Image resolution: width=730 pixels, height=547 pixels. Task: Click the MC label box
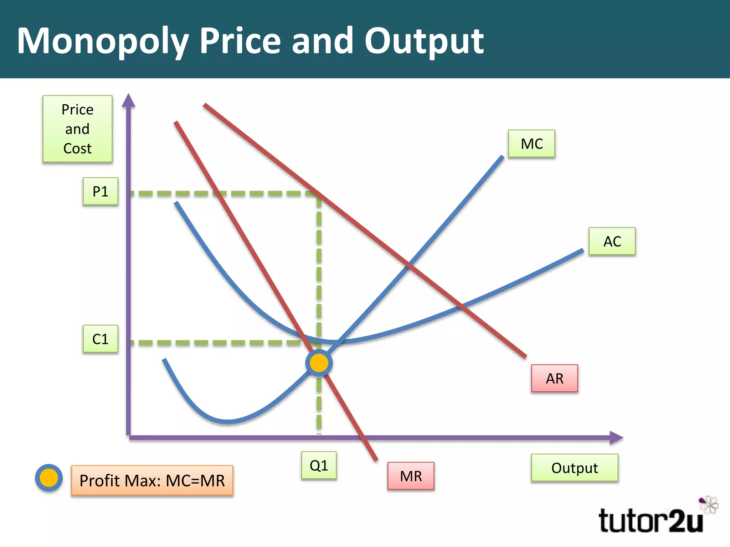[531, 144]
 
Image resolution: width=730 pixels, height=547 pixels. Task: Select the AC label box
[612, 241]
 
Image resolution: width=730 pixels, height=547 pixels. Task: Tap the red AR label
[554, 379]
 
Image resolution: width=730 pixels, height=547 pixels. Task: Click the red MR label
[411, 476]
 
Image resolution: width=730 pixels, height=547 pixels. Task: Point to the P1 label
[100, 192]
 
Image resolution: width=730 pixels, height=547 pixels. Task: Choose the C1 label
[100, 339]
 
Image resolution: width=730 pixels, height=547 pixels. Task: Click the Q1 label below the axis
[319, 465]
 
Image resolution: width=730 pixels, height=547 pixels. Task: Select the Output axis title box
[574, 468]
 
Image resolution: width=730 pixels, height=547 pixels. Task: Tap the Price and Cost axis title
[77, 129]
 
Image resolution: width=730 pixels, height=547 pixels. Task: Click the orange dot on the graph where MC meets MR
[319, 363]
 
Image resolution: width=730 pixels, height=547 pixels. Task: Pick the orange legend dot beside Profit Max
[49, 478]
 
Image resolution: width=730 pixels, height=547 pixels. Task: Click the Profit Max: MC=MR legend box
[152, 480]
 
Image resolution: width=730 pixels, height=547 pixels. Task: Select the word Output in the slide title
[424, 41]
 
